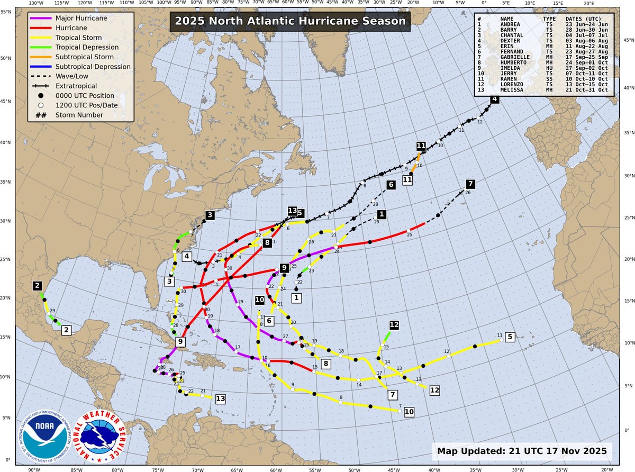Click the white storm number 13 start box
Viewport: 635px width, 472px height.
(x=221, y=398)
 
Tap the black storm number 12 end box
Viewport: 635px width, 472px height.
(x=394, y=325)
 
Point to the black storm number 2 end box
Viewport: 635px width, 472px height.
(x=37, y=286)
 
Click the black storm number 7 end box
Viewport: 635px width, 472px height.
(x=470, y=184)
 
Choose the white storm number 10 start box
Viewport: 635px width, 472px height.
(x=409, y=412)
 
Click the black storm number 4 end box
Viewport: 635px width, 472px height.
(x=494, y=99)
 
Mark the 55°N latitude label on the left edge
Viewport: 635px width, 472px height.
(x=7, y=11)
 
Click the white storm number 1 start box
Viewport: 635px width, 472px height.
(x=297, y=298)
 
